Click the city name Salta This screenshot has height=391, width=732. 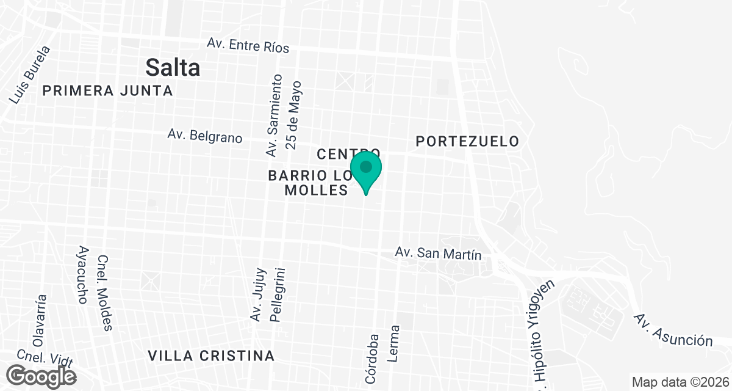(173, 67)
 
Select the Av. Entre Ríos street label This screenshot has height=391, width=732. (248, 45)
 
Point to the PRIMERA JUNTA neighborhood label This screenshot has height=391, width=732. (108, 91)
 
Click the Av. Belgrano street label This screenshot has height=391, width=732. (205, 136)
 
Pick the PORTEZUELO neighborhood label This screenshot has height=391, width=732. (467, 141)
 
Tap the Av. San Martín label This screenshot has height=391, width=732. (439, 254)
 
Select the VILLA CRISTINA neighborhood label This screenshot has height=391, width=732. (212, 356)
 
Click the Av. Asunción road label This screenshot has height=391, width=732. (673, 330)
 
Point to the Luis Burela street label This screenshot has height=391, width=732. (29, 75)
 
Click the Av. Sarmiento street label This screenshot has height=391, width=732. (274, 115)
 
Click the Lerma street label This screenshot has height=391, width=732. (393, 343)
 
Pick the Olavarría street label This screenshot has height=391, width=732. (40, 321)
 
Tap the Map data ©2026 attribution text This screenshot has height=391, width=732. (680, 382)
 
